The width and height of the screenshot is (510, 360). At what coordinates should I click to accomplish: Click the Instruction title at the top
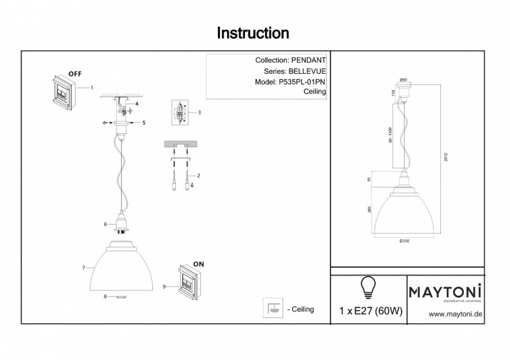[253, 33]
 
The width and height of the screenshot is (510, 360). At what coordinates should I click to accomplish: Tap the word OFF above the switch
[74, 73]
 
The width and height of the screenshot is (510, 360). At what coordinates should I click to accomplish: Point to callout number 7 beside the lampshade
[84, 267]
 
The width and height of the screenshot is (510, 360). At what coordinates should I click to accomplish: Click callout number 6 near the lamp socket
[106, 224]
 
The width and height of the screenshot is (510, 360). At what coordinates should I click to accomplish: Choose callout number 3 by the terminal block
[199, 112]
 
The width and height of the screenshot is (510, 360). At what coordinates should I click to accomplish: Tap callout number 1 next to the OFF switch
[92, 88]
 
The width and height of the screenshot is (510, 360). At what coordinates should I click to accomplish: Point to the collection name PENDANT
[308, 61]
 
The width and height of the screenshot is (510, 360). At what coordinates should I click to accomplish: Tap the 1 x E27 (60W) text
[371, 311]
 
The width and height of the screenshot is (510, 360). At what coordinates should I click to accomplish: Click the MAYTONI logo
[446, 292]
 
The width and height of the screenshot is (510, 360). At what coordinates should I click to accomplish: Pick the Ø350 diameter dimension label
[404, 241]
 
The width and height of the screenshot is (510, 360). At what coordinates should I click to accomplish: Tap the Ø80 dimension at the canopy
[403, 80]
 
